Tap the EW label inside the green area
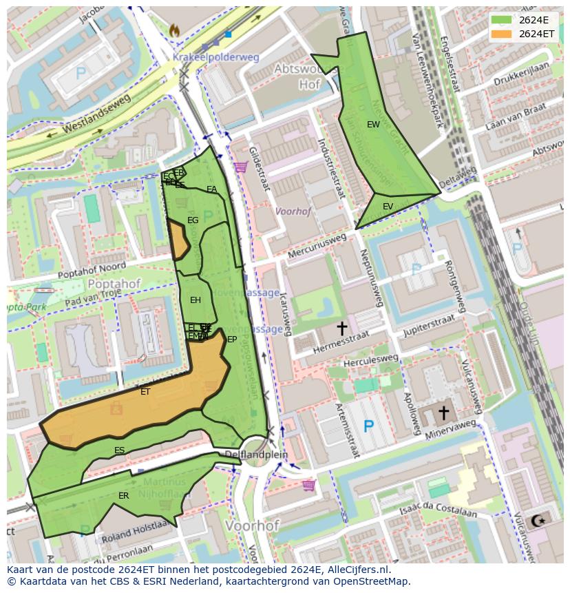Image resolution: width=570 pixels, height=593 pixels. click(373, 125)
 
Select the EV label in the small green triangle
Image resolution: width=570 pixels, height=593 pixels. click(388, 206)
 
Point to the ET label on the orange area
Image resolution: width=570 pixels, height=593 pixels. click(145, 392)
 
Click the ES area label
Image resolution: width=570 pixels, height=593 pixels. click(120, 450)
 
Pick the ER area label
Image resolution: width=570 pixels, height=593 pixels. click(123, 496)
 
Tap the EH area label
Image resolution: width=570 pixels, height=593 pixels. click(196, 300)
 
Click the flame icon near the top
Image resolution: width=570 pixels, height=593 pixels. click(173, 30)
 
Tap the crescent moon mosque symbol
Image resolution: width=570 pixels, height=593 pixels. click(536, 521)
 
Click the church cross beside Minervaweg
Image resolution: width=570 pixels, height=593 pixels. click(444, 412)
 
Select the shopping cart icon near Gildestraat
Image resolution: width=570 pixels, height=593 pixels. click(240, 167)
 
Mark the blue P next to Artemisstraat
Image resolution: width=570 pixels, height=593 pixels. click(368, 427)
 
